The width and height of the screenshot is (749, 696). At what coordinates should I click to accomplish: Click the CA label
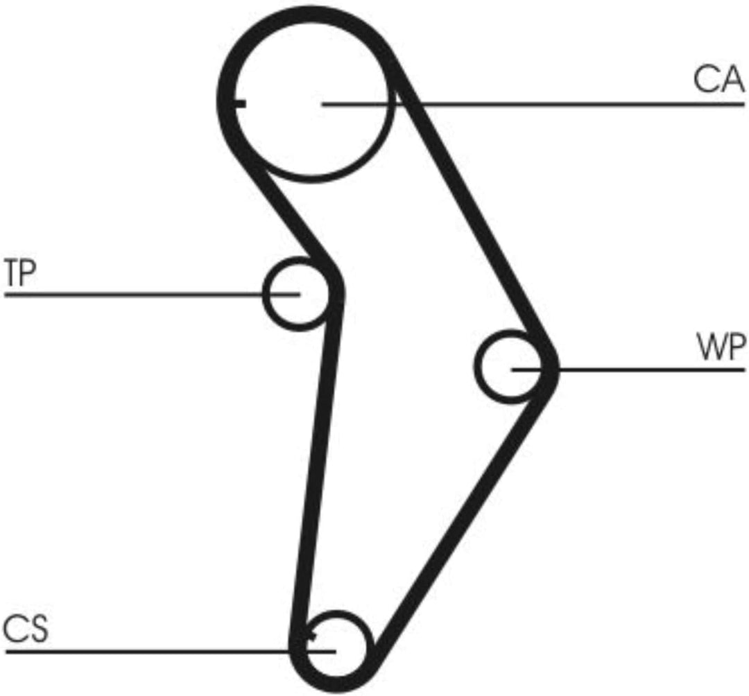point(718,79)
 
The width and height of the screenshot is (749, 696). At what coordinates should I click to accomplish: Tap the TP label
point(20,272)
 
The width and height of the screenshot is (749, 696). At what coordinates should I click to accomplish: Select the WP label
point(721,347)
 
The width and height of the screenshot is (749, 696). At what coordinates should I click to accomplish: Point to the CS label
point(26,629)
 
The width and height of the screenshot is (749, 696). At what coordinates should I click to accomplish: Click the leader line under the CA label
point(533,104)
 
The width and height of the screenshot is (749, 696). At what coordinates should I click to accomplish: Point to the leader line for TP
point(152,295)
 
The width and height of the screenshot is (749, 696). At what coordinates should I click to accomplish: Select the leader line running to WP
point(628,369)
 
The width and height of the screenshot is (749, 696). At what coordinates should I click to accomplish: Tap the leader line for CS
point(170,651)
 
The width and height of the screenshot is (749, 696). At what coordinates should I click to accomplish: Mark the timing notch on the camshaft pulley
point(238,103)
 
